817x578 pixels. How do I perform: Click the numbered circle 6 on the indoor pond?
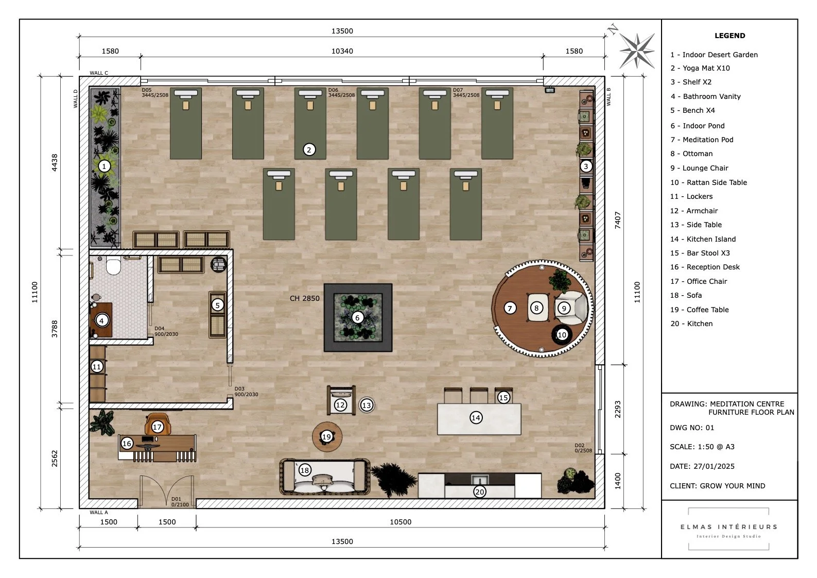click(357, 318)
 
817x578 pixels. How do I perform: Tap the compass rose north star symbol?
click(637, 50)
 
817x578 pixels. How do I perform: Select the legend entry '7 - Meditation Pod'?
click(702, 140)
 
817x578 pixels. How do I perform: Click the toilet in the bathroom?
click(113, 266)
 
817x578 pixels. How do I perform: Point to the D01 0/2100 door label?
click(180, 502)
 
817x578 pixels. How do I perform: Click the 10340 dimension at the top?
click(342, 51)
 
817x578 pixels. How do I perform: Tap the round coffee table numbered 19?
click(326, 437)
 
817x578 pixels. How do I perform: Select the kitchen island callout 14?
click(476, 418)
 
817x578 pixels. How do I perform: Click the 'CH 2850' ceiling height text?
click(304, 298)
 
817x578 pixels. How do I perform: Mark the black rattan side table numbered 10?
click(562, 334)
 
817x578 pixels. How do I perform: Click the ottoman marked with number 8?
click(536, 308)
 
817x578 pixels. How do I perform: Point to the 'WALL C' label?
click(99, 73)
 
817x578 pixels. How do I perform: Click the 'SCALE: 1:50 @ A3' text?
click(702, 447)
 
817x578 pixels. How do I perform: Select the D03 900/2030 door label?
click(246, 392)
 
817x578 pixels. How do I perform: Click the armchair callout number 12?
click(340, 405)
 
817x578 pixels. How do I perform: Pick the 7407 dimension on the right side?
click(618, 220)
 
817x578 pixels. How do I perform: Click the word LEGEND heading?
click(729, 36)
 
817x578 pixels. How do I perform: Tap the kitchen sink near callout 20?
click(479, 479)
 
